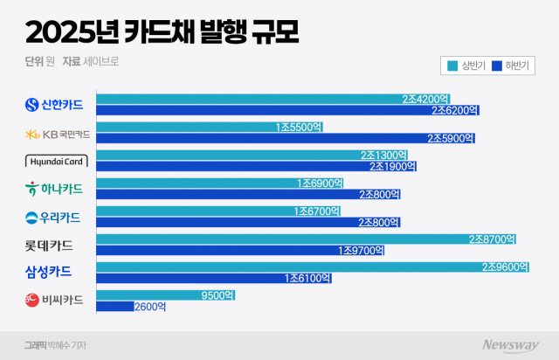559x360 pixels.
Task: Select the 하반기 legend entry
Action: coord(514,66)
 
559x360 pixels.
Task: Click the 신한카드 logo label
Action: coord(54,105)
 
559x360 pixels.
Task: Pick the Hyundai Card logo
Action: coord(54,161)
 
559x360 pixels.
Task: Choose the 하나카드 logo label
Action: coord(54,189)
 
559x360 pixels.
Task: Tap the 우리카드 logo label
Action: coord(54,217)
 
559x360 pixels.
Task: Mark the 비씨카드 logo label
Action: coord(54,301)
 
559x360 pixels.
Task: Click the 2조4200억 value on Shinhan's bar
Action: coord(425,100)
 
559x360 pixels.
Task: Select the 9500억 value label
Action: coord(217,295)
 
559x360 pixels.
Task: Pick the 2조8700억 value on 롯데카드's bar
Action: coord(493,239)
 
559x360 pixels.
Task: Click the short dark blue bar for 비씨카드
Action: coord(114,307)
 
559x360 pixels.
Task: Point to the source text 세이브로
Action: coord(102,62)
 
